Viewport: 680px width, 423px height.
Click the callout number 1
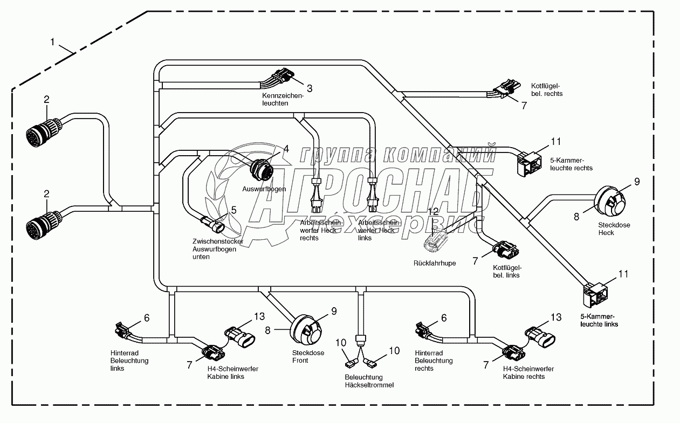tap(53, 41)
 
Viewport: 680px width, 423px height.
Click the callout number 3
tap(310, 88)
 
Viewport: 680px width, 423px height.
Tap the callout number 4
tap(286, 149)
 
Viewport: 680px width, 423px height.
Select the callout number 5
tap(233, 210)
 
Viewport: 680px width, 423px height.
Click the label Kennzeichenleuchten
tap(280, 99)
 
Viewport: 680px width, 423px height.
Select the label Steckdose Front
tap(307, 357)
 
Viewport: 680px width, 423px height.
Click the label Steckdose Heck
tap(614, 229)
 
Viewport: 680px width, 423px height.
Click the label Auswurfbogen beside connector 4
tap(264, 189)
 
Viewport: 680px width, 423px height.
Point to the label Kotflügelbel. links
tap(506, 271)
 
